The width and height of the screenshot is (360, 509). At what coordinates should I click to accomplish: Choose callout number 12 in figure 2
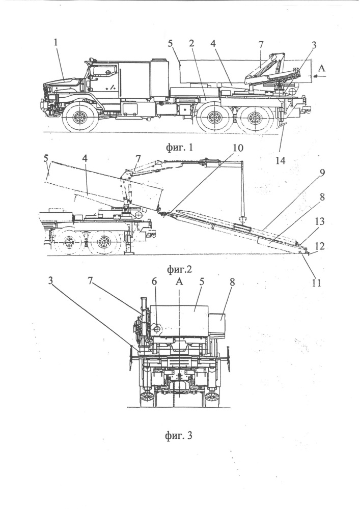(319, 246)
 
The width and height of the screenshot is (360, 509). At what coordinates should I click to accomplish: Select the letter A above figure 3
(179, 281)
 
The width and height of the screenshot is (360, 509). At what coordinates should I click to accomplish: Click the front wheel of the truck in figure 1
(79, 119)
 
